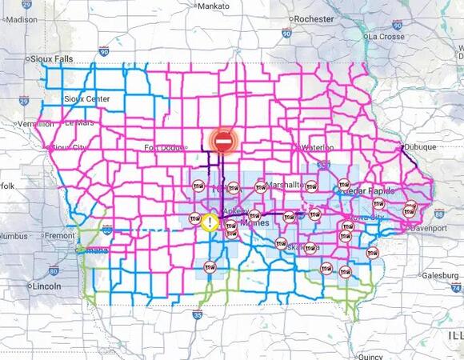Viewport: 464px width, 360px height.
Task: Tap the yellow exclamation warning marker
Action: [209, 222]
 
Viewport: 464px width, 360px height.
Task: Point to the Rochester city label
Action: [314, 18]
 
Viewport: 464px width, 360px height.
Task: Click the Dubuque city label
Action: [419, 147]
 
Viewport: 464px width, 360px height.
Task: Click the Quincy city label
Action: [370, 357]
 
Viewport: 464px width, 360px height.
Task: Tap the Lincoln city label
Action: [45, 286]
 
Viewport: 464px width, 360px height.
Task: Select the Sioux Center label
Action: [87, 98]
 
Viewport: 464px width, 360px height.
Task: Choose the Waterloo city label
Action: [318, 147]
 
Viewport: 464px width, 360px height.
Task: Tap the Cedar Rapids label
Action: [370, 191]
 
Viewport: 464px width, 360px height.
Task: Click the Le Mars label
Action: [80, 123]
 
